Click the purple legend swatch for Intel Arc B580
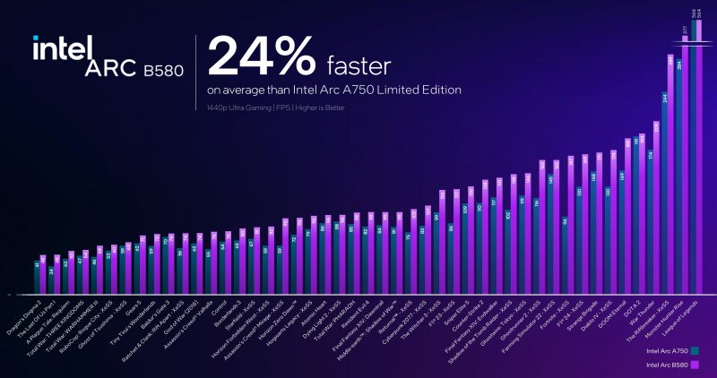coord(695,365)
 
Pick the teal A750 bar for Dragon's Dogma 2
coord(37,278)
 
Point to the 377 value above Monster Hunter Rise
coord(686,29)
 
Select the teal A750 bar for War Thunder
coord(651,224)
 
